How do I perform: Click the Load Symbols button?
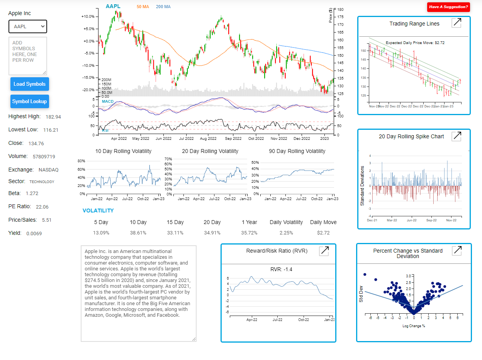(x=29, y=84)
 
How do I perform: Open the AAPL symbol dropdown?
(x=28, y=27)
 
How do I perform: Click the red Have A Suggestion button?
(x=448, y=7)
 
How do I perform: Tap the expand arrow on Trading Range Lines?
(x=457, y=23)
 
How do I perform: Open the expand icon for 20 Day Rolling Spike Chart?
(x=457, y=136)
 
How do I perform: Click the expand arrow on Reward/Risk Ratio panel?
(x=324, y=251)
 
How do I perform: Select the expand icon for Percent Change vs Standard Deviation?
(x=457, y=250)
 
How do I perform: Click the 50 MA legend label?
(x=143, y=7)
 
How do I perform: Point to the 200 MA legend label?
(x=163, y=7)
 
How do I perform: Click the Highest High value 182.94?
(x=53, y=117)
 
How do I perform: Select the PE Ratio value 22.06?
(x=42, y=207)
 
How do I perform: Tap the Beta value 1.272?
(x=32, y=194)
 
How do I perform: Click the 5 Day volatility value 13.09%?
(x=101, y=233)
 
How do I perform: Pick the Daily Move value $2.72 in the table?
(x=323, y=233)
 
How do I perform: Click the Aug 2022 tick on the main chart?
(x=209, y=138)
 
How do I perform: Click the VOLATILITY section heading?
(x=98, y=211)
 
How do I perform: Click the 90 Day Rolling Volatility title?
(x=297, y=151)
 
